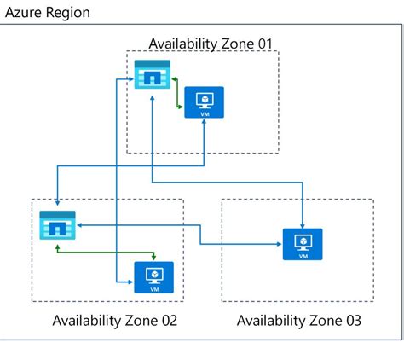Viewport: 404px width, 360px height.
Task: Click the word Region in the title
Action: [66, 13]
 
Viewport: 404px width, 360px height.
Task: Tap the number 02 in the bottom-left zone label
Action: [168, 321]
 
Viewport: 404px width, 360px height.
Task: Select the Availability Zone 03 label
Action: [298, 321]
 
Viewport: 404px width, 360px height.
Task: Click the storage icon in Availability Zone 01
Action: [152, 75]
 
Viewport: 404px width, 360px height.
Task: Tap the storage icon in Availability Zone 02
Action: [57, 224]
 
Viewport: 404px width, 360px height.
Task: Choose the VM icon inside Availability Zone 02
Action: [154, 276]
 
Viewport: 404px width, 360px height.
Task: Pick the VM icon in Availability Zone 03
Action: [303, 243]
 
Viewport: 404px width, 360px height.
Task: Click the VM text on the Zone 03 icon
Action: [303, 256]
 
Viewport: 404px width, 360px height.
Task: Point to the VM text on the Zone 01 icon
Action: [204, 113]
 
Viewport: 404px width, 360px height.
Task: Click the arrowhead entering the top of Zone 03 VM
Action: [303, 224]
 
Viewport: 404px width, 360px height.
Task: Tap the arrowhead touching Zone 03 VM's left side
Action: [279, 244]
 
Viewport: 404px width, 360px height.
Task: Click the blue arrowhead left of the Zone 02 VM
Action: [130, 279]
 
